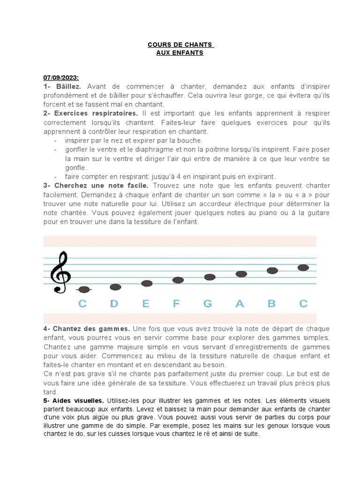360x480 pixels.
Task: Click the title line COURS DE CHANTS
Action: pyautogui.click(x=180, y=45)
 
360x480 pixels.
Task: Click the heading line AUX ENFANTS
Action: pyautogui.click(x=180, y=53)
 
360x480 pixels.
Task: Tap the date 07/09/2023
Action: pyautogui.click(x=61, y=77)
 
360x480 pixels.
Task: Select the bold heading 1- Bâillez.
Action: pyautogui.click(x=62, y=87)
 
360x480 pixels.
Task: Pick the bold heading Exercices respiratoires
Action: pyautogui.click(x=96, y=113)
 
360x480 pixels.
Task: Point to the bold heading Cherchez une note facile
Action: pyautogui.click(x=96, y=186)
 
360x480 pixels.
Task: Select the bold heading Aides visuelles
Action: pyautogui.click(x=78, y=401)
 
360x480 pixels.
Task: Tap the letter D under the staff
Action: pyautogui.click(x=114, y=304)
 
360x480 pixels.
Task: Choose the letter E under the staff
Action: pyautogui.click(x=146, y=304)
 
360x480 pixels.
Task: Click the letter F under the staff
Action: pyautogui.click(x=176, y=304)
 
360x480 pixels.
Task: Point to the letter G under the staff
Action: pyautogui.click(x=208, y=304)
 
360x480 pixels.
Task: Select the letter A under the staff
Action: pyautogui.click(x=240, y=304)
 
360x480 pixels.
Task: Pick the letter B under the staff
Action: pyautogui.click(x=271, y=304)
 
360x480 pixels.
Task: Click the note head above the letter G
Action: pyautogui.click(x=210, y=277)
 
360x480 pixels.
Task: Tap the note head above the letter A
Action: pyautogui.click(x=241, y=274)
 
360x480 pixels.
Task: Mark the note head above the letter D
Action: pyautogui.click(x=115, y=287)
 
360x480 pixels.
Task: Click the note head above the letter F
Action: pyautogui.click(x=178, y=280)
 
